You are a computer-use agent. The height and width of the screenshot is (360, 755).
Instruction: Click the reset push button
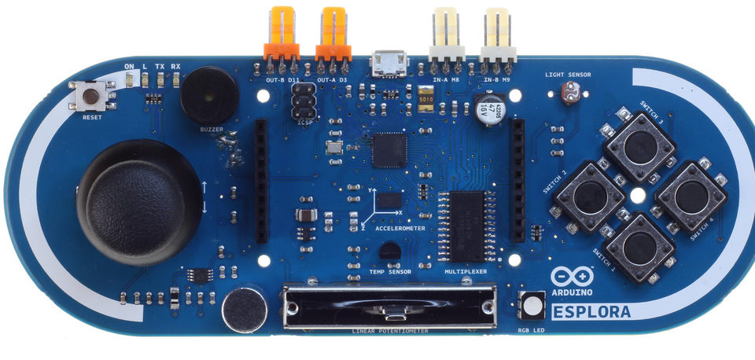[x=92, y=98]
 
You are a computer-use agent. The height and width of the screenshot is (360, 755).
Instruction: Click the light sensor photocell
[x=567, y=95]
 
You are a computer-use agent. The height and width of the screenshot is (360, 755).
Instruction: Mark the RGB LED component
[x=532, y=305]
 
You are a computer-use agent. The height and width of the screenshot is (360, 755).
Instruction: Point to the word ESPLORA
[x=592, y=312]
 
